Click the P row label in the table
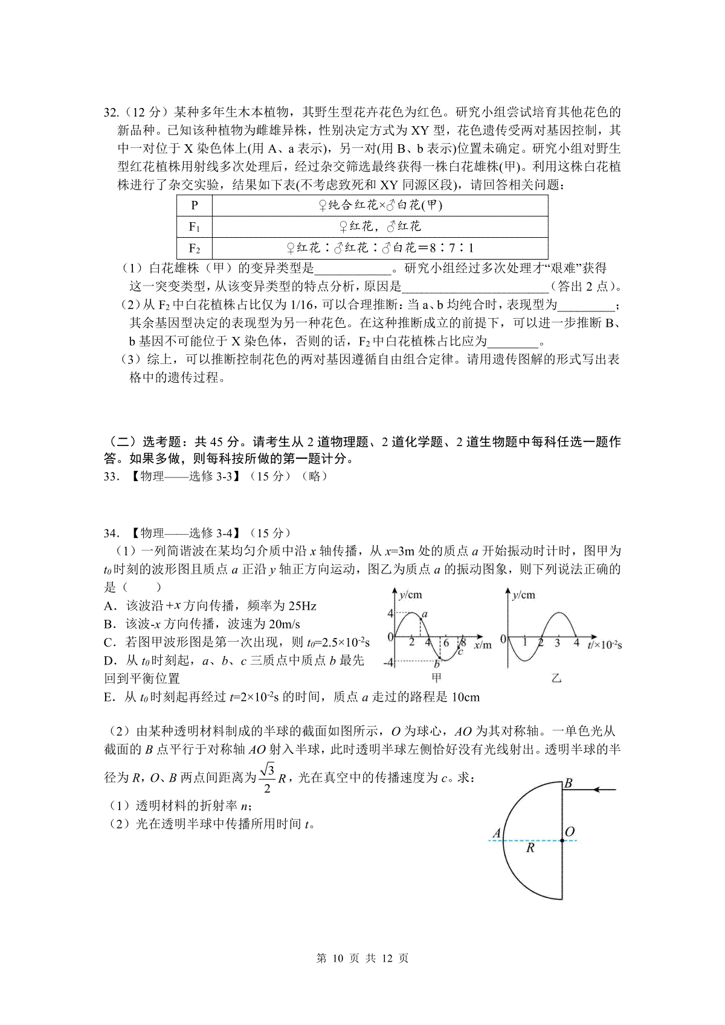click(194, 205)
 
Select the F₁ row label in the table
click(194, 227)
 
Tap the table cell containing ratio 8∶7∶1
click(380, 248)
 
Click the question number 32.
click(111, 112)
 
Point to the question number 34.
click(111, 533)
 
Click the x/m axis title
click(482, 645)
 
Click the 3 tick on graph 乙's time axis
click(556, 643)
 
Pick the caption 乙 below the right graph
click(556, 679)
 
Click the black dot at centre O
click(562, 840)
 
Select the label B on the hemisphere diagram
click(568, 784)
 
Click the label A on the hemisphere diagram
click(497, 834)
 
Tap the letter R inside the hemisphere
click(530, 848)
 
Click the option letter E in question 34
click(109, 698)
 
